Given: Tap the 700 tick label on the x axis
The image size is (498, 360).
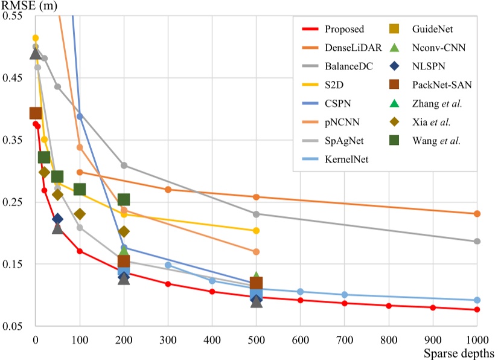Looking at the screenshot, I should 389,337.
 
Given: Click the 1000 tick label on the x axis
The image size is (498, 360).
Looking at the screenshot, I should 476,337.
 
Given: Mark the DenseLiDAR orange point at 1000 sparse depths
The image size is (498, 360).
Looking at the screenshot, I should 477,214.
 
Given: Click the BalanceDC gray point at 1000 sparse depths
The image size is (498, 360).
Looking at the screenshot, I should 477,242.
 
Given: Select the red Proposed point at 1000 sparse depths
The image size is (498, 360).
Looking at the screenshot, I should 477,310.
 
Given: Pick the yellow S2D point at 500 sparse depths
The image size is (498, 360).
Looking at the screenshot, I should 256,231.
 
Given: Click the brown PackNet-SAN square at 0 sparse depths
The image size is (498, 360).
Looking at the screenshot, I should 36,113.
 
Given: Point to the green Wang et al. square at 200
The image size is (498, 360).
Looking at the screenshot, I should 124,200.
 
